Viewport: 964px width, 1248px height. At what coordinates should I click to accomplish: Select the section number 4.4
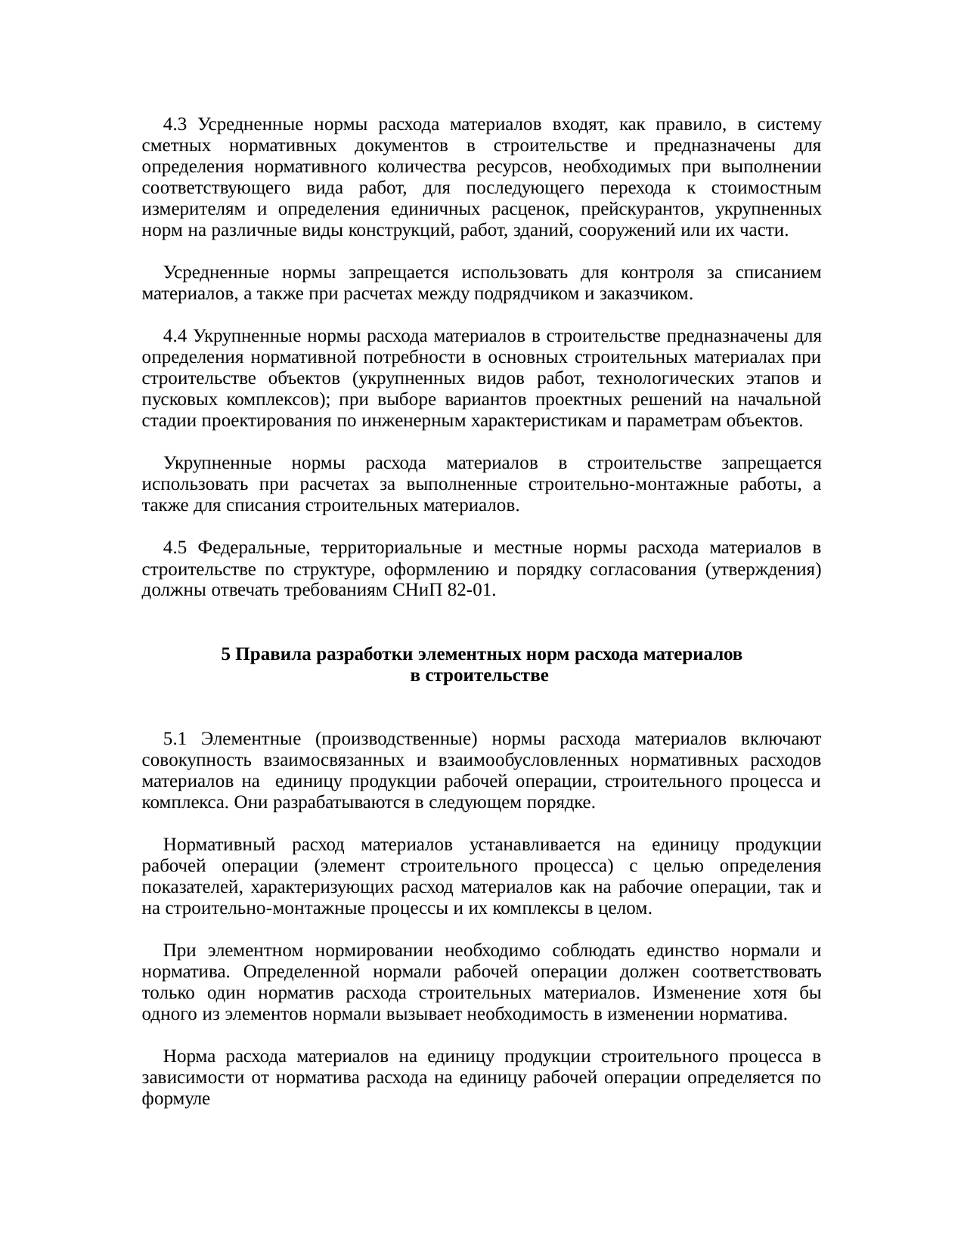pos(175,336)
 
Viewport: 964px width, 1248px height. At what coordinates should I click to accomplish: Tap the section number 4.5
pos(175,547)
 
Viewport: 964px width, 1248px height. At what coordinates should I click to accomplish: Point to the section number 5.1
pos(175,739)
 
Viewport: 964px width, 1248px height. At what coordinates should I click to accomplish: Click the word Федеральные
pos(253,547)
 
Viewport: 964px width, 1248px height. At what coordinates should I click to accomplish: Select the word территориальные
pos(389,547)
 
